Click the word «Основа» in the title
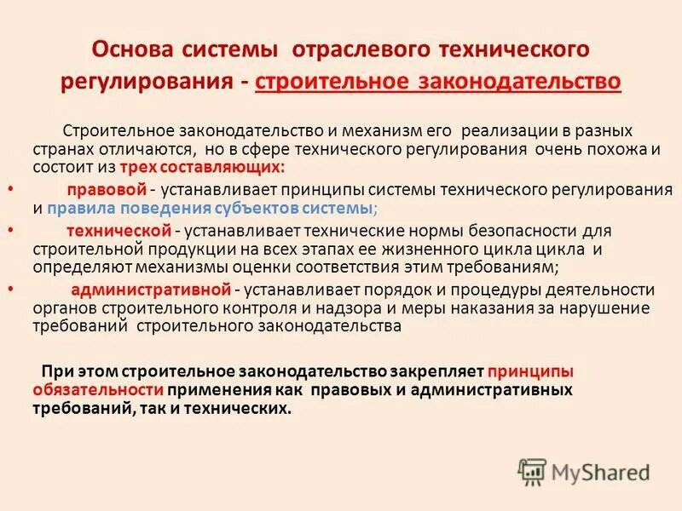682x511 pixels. coord(136,49)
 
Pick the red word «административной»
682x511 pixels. coord(138,289)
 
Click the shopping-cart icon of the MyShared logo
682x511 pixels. coord(532,471)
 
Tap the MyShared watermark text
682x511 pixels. coord(600,472)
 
